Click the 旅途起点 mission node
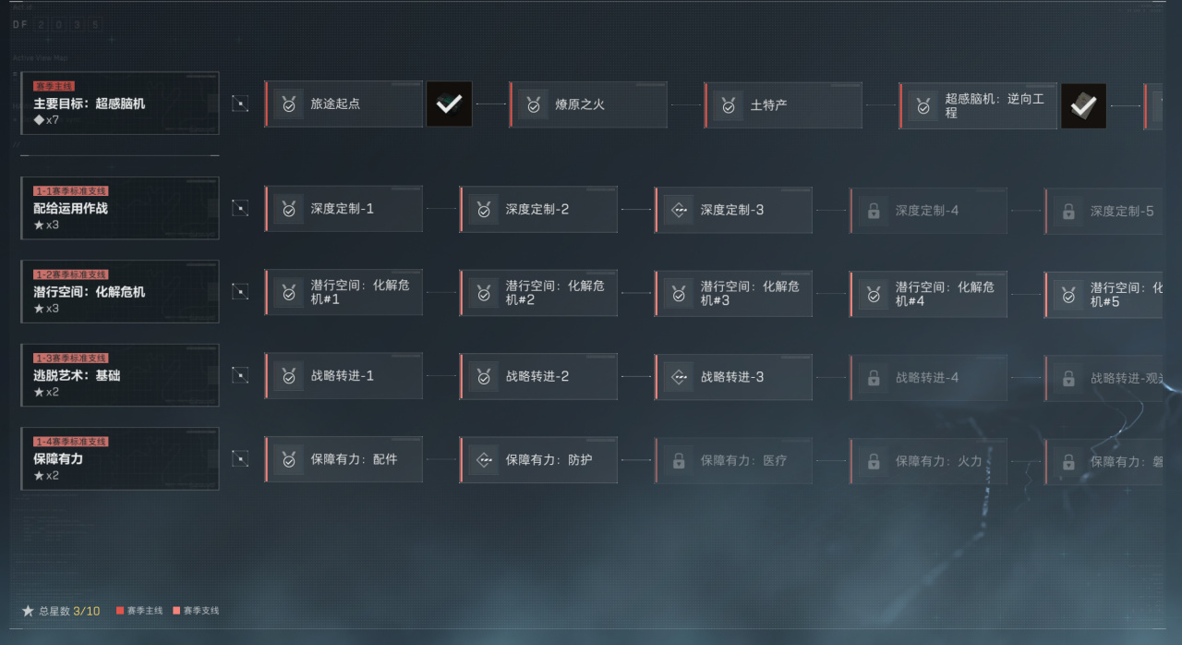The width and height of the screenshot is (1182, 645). pos(344,104)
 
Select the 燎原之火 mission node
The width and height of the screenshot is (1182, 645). pos(588,105)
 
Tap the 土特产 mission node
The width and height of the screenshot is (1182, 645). pos(783,105)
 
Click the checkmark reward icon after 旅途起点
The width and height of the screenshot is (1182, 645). pos(450,104)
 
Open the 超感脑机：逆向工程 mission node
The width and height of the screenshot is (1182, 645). pos(979,105)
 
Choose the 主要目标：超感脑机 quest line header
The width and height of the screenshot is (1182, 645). pos(120,103)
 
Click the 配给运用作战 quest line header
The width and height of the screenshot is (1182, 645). pos(120,209)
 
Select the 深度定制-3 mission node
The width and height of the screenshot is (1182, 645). pos(733,210)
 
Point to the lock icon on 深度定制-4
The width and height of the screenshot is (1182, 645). pos(874,212)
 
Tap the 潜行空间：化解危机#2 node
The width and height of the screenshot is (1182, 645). pos(539,293)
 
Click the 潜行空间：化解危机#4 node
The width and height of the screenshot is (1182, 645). pos(929,294)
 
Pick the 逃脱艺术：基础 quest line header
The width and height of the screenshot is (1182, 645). pos(120,375)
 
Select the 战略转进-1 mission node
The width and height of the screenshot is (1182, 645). pos(344,376)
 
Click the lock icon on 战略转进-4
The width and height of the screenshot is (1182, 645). pos(874,378)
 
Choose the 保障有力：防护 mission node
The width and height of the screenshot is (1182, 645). pos(539,459)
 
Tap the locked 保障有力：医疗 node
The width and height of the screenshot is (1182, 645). pos(734,460)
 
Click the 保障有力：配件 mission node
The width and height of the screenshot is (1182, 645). pos(344,459)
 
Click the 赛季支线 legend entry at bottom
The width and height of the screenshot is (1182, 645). pos(196,611)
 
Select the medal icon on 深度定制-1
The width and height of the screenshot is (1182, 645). pos(289,210)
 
